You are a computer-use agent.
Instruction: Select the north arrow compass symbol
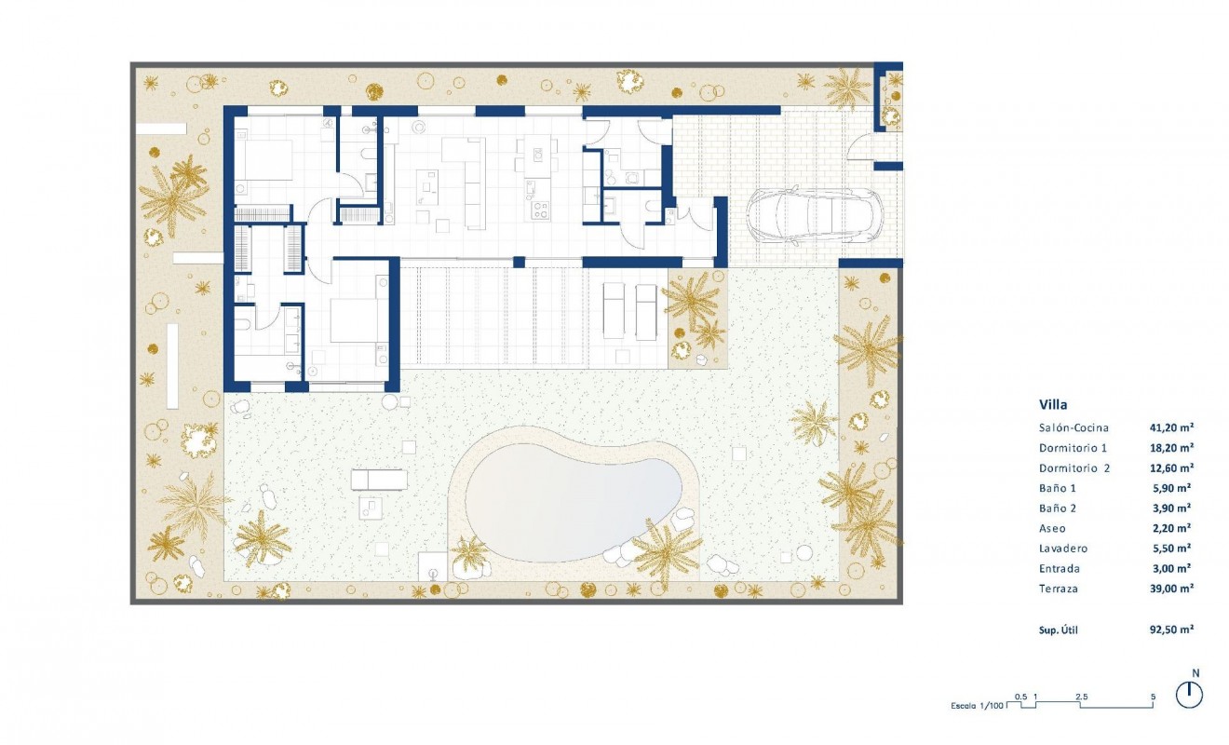click(x=1189, y=693)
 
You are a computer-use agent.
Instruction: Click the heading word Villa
click(x=1053, y=405)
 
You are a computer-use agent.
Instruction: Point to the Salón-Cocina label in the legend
click(x=1074, y=428)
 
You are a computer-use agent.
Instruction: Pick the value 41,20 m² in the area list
click(x=1171, y=428)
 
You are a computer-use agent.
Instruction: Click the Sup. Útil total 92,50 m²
click(x=1171, y=630)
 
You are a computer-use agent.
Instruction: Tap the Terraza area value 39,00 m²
click(x=1171, y=589)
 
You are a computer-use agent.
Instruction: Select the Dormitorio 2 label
click(x=1076, y=468)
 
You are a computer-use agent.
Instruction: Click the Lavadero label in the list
click(x=1063, y=549)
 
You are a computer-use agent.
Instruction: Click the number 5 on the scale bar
click(x=1153, y=697)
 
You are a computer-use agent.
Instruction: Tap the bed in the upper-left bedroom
click(x=270, y=159)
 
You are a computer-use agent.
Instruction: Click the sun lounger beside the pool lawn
click(x=378, y=480)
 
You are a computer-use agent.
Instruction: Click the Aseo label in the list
click(x=1054, y=528)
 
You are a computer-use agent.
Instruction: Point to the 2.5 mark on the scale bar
click(x=1082, y=697)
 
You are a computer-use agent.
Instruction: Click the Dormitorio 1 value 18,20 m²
click(x=1171, y=448)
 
